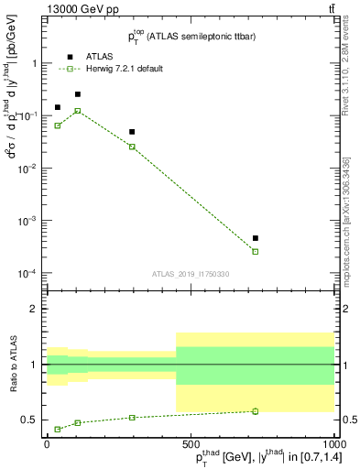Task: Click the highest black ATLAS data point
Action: click(78, 94)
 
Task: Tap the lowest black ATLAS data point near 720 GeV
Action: click(256, 238)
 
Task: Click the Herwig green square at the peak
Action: click(78, 111)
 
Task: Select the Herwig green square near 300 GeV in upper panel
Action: click(132, 147)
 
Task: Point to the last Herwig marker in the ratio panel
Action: click(256, 411)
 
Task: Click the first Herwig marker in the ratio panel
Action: click(58, 429)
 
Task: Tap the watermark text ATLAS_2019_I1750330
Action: click(191, 274)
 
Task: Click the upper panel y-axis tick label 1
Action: click(33, 63)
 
